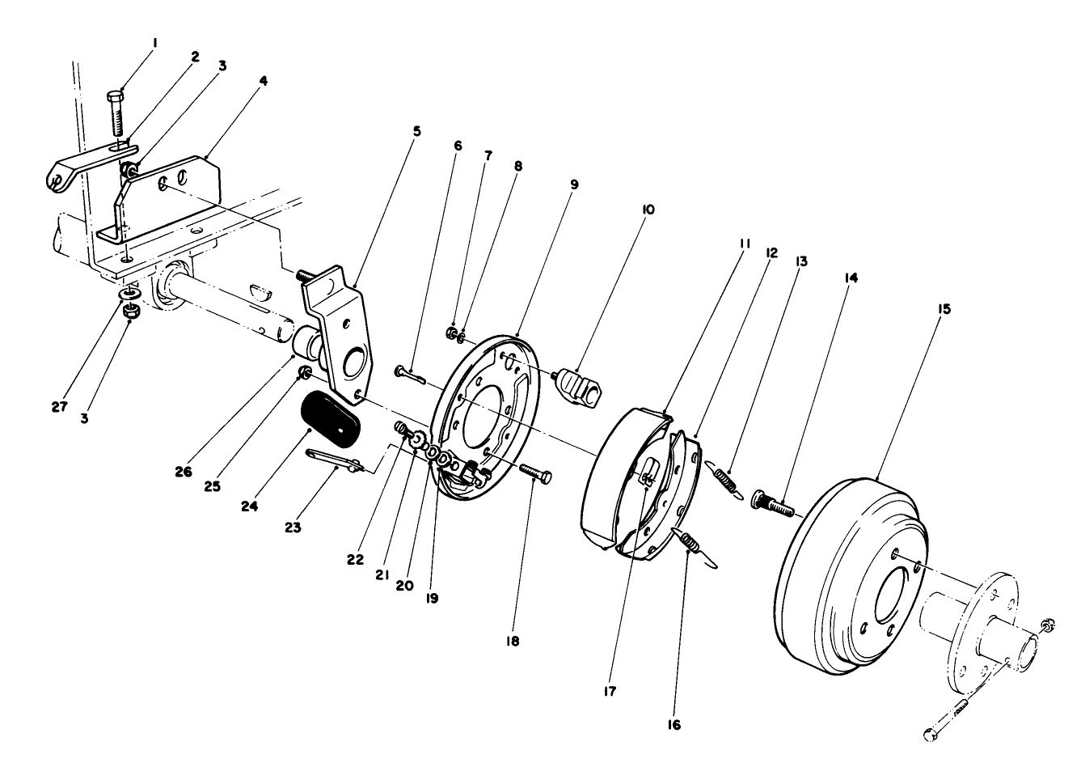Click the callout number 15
pyautogui.click(x=945, y=309)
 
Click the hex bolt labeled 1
pyautogui.click(x=116, y=113)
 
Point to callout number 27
pyautogui.click(x=59, y=406)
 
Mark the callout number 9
pyautogui.click(x=574, y=184)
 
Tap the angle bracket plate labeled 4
pyautogui.click(x=162, y=198)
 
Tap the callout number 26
pyautogui.click(x=183, y=472)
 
